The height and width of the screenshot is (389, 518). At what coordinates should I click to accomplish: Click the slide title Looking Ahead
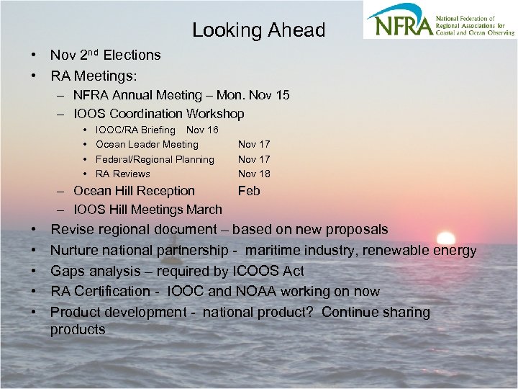(x=258, y=30)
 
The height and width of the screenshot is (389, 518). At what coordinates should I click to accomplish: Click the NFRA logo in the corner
(x=438, y=20)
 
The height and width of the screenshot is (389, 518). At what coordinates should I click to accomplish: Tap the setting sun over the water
(x=446, y=238)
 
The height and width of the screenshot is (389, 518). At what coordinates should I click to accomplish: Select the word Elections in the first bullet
(x=132, y=55)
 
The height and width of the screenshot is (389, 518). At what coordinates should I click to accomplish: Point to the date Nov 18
(x=254, y=174)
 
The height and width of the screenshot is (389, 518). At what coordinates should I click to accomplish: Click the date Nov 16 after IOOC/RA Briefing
(x=202, y=130)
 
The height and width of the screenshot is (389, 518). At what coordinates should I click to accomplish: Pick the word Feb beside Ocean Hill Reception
(x=249, y=191)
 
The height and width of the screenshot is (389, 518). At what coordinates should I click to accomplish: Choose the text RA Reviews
(x=123, y=174)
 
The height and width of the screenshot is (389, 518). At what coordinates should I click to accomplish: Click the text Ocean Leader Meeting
(x=147, y=145)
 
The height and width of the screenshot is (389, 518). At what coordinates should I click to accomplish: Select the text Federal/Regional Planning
(x=155, y=159)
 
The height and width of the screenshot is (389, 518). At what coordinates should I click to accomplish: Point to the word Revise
(x=71, y=230)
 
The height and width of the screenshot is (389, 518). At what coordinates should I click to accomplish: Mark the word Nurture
(x=75, y=251)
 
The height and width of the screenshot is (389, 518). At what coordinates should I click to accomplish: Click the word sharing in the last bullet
(x=405, y=313)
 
